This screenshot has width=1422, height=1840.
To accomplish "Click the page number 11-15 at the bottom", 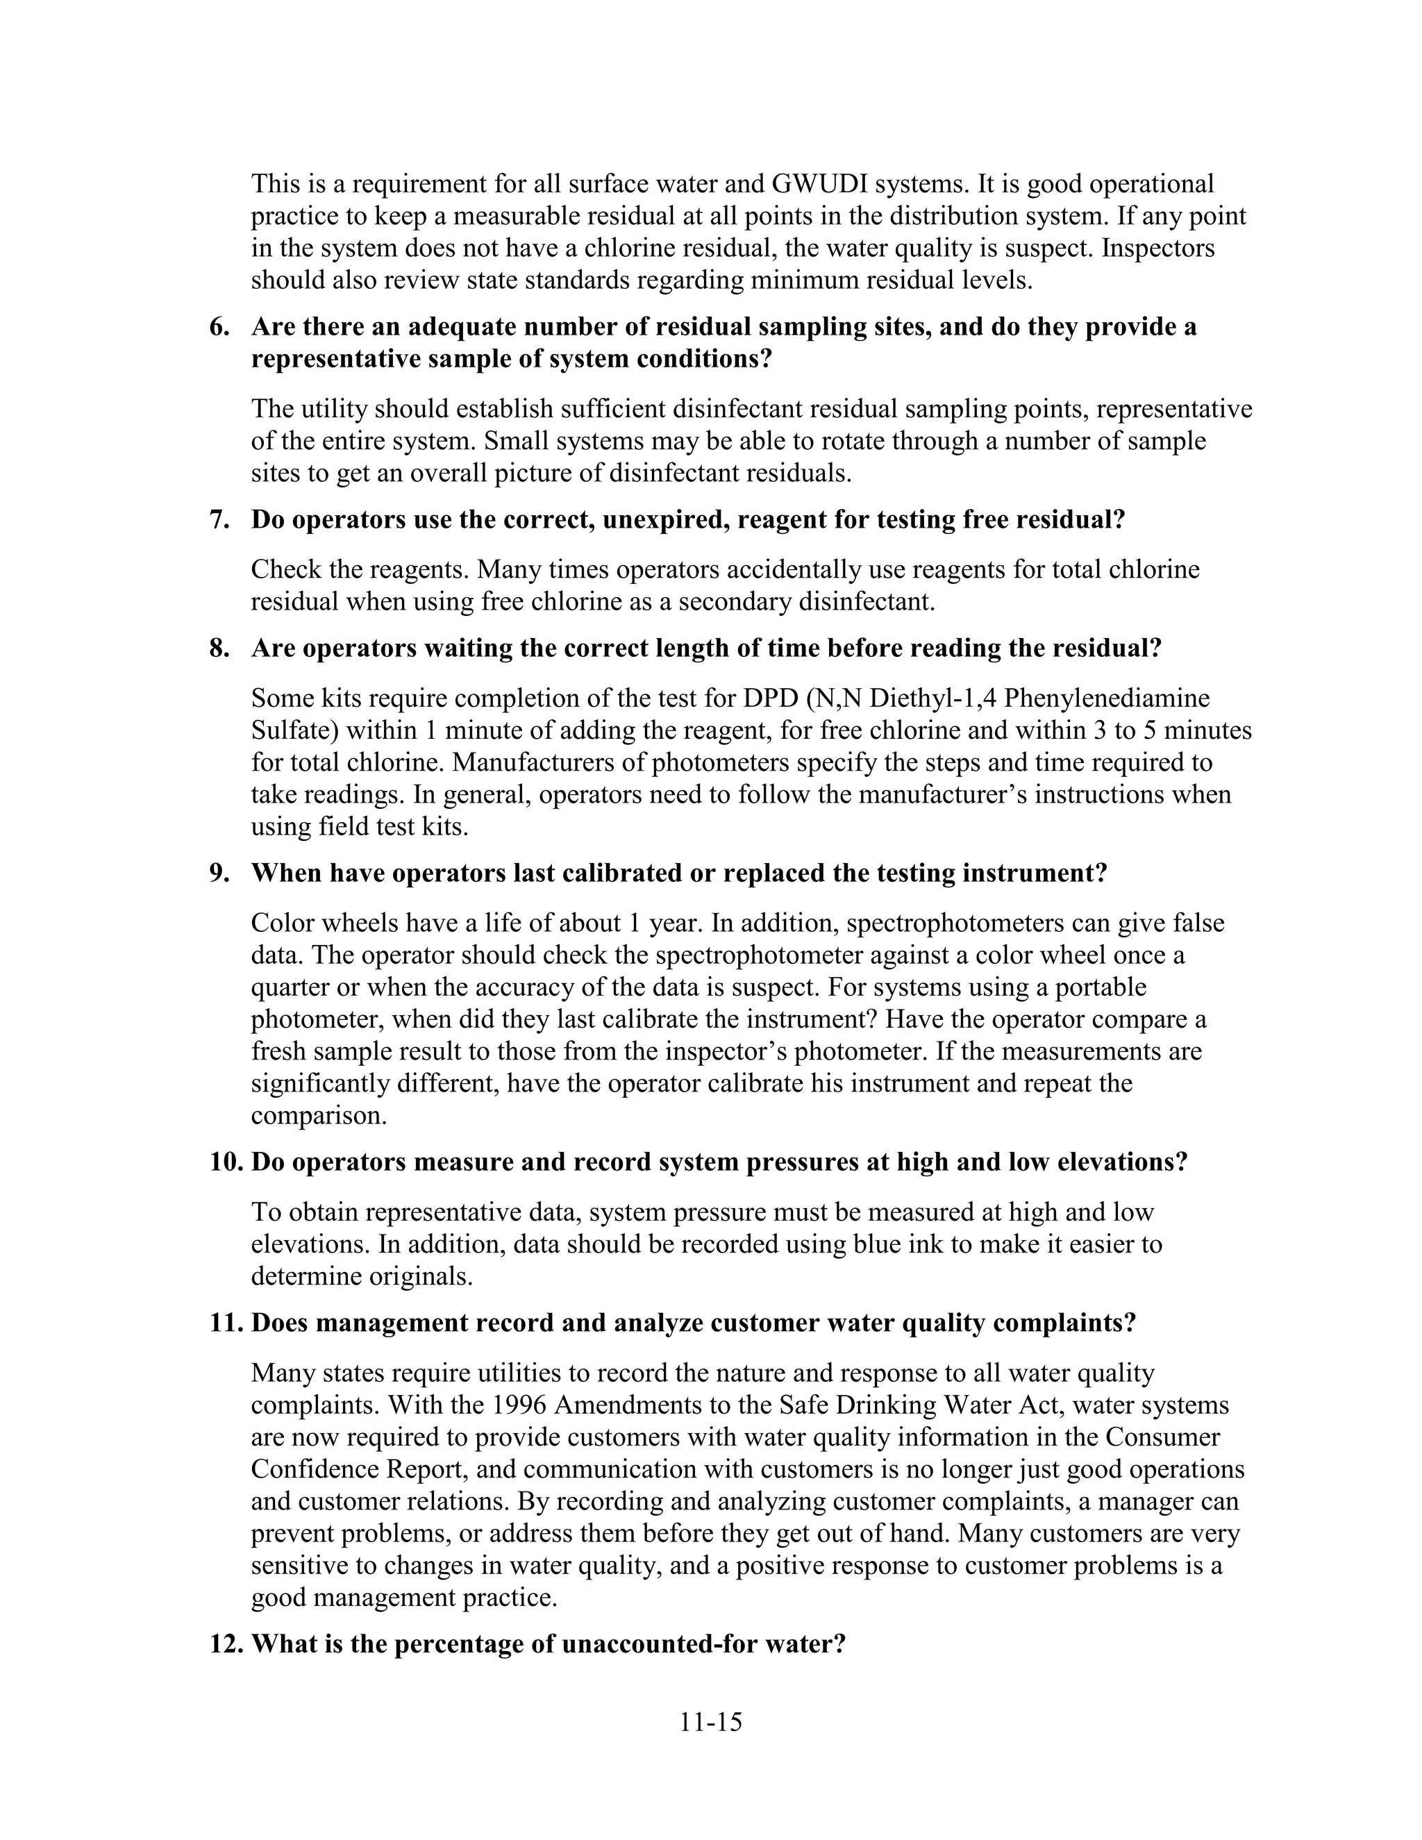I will (x=711, y=1722).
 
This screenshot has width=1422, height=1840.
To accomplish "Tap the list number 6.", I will (x=219, y=327).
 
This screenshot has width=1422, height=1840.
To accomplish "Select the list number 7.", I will (x=219, y=520).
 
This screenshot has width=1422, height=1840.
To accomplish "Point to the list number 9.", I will (x=219, y=873).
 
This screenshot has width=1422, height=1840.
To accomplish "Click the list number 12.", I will (x=226, y=1644).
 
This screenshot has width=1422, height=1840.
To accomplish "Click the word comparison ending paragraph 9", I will (x=319, y=1116).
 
